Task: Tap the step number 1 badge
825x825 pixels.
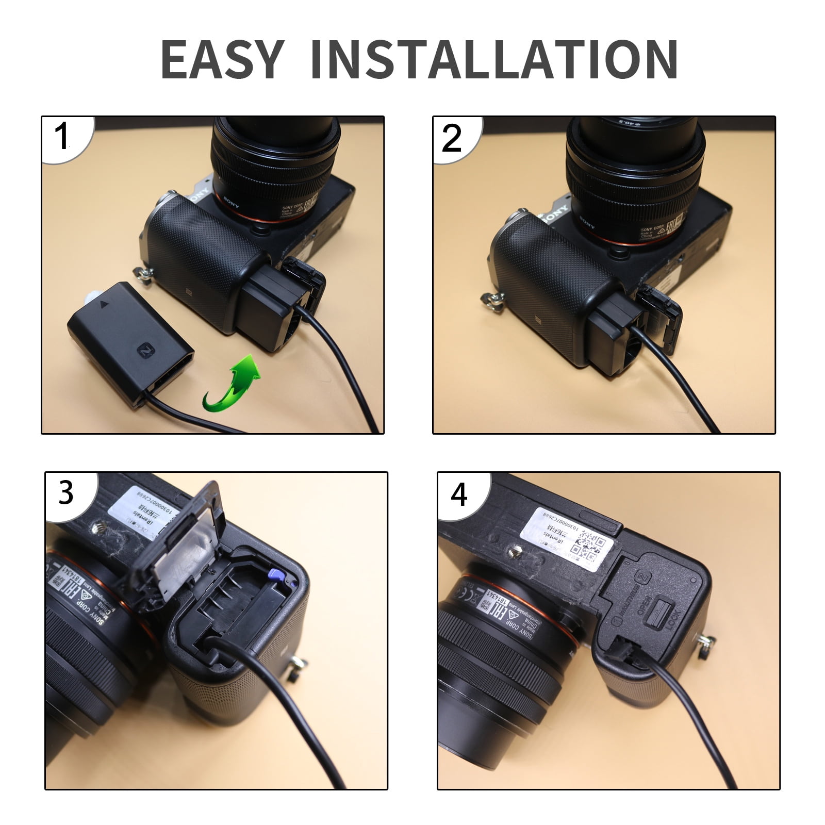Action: (x=63, y=137)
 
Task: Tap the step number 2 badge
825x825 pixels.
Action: (x=452, y=138)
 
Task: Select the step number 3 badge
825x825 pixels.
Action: (x=66, y=492)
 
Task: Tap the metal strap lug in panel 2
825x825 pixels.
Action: (x=489, y=298)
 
